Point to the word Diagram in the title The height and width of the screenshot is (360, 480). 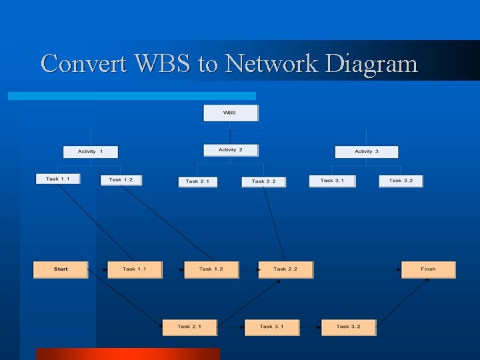[x=371, y=65]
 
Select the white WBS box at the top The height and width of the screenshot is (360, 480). [x=230, y=113]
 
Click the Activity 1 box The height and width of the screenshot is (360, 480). [x=91, y=152]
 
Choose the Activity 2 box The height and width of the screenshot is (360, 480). [x=231, y=150]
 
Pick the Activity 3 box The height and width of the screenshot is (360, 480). [x=366, y=152]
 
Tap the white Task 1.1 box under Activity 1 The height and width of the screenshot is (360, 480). [x=58, y=179]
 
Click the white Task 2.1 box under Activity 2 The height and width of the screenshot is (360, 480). [x=197, y=181]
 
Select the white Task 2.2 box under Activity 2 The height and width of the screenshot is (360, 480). [x=263, y=181]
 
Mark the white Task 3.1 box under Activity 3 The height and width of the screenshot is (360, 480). [x=332, y=181]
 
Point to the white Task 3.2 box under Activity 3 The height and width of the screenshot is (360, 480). [x=401, y=181]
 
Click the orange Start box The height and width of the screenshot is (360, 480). [x=61, y=269]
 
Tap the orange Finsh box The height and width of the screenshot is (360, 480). [x=428, y=269]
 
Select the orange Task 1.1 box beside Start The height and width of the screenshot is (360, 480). [x=134, y=269]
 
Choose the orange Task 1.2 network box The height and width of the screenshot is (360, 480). [x=211, y=269]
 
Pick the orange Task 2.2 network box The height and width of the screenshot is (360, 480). [x=285, y=269]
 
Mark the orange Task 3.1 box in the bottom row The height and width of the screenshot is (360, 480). [x=271, y=327]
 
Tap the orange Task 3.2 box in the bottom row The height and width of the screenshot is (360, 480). [x=348, y=327]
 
